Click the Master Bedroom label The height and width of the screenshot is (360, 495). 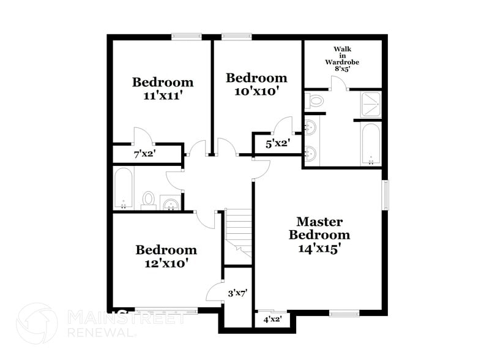[319, 228]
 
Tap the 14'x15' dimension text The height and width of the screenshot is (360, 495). [319, 249]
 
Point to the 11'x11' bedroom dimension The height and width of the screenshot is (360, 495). [163, 96]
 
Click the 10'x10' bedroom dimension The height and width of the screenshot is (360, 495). [256, 91]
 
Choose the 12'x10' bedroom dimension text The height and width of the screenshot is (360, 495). [166, 264]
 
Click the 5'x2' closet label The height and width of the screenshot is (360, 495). [277, 144]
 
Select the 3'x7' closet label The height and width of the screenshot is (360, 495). [237, 293]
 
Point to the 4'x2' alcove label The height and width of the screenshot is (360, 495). [272, 319]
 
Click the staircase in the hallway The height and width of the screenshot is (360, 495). [239, 230]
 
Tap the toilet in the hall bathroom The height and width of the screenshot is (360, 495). [149, 200]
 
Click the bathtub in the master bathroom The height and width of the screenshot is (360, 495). [371, 144]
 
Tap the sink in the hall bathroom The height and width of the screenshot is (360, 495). [169, 203]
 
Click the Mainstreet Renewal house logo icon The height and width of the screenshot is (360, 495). [37, 323]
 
